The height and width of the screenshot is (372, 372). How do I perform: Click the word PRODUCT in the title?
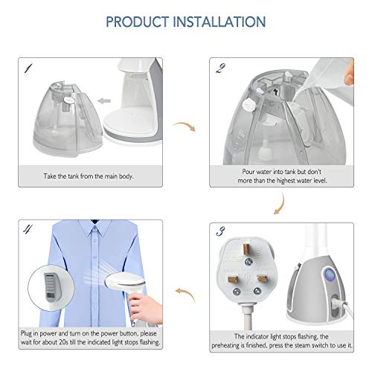(137, 22)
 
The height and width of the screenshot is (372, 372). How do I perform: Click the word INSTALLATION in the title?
(219, 22)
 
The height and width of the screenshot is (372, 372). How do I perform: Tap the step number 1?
(28, 68)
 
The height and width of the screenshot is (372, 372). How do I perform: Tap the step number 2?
(220, 68)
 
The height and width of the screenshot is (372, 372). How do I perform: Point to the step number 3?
(220, 231)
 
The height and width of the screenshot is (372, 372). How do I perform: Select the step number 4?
(28, 228)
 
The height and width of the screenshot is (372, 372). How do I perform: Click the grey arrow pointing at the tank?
(104, 100)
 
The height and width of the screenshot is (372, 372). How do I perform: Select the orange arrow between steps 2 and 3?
(280, 204)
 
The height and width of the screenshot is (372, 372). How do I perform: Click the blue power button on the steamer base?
(330, 275)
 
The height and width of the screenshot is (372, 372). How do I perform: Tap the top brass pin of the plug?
(246, 248)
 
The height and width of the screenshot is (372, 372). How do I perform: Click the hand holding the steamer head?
(146, 308)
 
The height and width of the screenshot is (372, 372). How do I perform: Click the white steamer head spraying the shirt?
(125, 281)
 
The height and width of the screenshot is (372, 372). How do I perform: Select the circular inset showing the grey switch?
(51, 288)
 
